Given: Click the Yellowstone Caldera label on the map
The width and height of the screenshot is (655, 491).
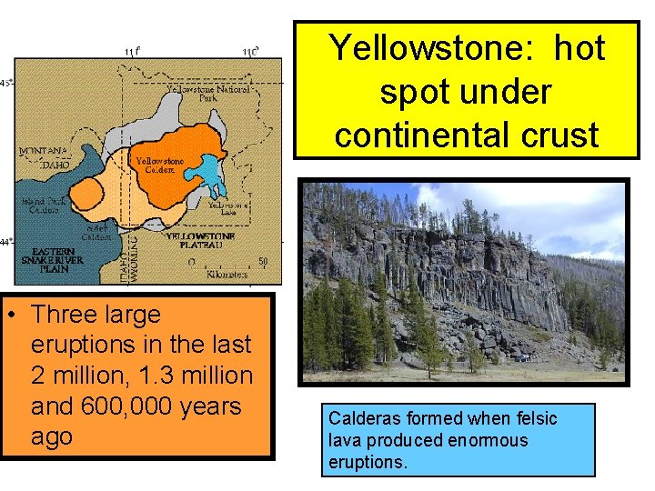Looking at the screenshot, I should click(x=160, y=166).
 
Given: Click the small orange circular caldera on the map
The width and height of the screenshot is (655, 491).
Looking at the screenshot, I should click(x=87, y=194).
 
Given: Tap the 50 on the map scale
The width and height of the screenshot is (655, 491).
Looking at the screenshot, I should click(x=263, y=261).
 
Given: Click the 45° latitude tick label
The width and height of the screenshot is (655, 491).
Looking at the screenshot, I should click(x=5, y=83).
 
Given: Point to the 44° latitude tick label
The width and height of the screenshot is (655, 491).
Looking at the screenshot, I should click(x=5, y=242).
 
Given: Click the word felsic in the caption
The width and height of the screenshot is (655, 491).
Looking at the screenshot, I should click(x=534, y=418).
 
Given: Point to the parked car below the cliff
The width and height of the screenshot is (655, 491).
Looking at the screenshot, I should click(x=523, y=358).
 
